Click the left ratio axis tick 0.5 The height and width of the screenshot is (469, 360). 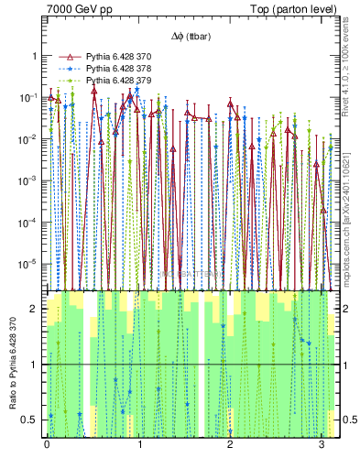[x=31, y=420]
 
